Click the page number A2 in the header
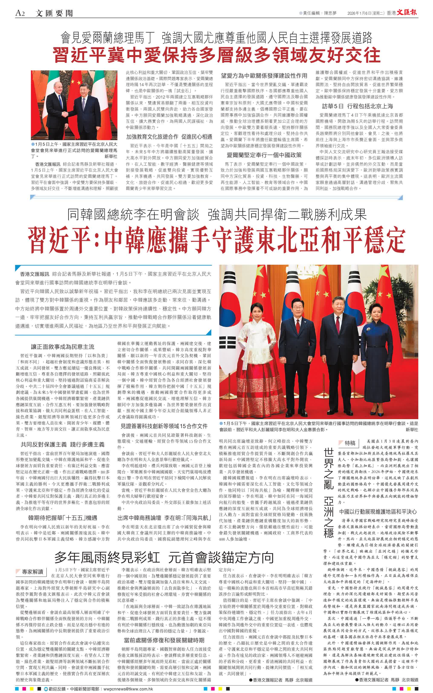click(20, 13)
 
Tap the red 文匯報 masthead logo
click(407, 12)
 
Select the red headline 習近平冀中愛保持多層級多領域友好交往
click(216, 55)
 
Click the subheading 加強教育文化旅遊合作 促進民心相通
click(169, 137)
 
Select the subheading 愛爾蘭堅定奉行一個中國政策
click(264, 155)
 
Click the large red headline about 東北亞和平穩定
click(216, 240)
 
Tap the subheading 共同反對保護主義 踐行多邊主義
click(62, 445)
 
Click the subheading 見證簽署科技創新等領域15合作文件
click(164, 426)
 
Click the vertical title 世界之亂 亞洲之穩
click(329, 492)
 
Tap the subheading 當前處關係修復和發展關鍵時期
click(164, 641)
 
